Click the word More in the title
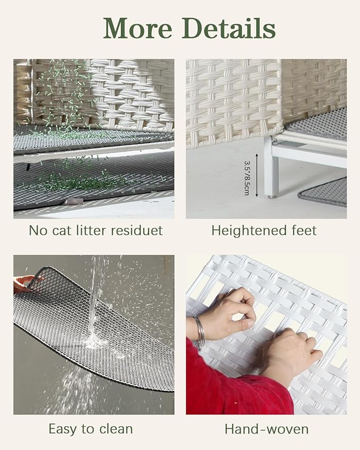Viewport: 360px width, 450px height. (138, 28)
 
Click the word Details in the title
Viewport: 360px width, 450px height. (229, 28)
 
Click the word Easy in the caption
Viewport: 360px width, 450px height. (63, 430)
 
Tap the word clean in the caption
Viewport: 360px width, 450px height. (116, 429)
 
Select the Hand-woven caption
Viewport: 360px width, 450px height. (267, 429)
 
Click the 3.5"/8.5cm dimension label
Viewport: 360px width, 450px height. (247, 178)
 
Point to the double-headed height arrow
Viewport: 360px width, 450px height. (257, 175)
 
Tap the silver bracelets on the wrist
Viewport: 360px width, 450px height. (199, 331)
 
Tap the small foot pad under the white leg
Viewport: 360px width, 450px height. (271, 197)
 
